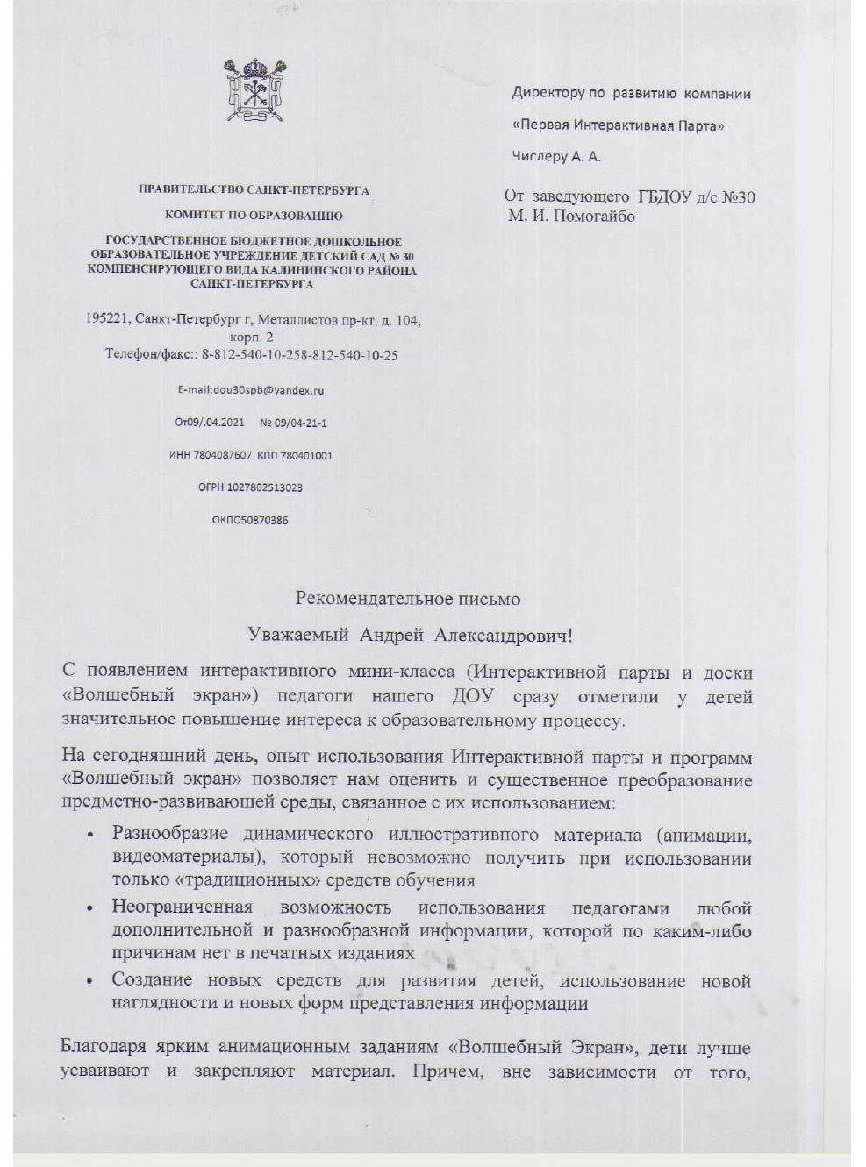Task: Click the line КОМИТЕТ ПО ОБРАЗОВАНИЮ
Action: (254, 215)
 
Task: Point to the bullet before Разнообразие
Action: (91, 835)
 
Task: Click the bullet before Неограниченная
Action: (91, 908)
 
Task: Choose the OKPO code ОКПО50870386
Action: (250, 520)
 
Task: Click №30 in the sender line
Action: (736, 196)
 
